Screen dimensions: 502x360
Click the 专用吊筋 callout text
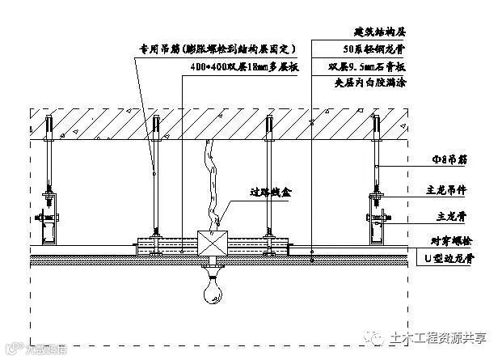point(220,49)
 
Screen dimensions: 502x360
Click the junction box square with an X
point(211,243)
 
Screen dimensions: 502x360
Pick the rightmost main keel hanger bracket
point(378,215)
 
